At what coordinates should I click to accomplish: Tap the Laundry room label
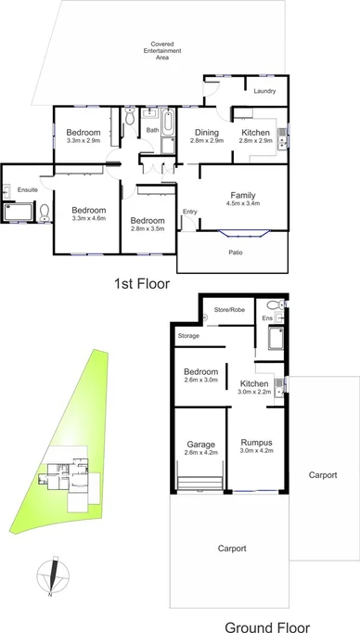[x=266, y=90]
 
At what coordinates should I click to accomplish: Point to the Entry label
[x=189, y=212]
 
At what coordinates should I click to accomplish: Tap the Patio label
[x=236, y=251]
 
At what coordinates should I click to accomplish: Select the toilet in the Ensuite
[x=45, y=213]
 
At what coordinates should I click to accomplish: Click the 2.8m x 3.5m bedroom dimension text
[x=148, y=228]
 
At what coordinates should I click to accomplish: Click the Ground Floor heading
[x=267, y=627]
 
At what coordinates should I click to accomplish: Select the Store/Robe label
[x=227, y=309]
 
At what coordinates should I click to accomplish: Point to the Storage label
[x=189, y=335]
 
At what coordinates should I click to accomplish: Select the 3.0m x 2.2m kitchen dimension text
[x=254, y=393]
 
